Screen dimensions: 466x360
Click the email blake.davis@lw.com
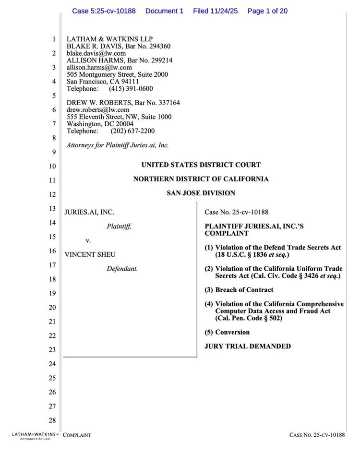point(96,54)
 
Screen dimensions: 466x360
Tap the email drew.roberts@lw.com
point(98,110)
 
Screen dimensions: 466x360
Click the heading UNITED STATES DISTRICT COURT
point(201,165)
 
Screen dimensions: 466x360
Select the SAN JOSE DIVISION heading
point(201,193)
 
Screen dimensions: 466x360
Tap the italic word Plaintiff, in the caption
point(119,227)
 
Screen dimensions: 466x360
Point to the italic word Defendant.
point(122,269)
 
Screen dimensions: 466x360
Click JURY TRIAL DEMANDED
point(247,346)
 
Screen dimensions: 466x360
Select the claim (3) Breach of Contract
point(239,290)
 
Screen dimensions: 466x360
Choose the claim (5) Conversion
point(227,332)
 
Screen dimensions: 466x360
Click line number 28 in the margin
point(52,421)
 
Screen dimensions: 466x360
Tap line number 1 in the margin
point(54,39)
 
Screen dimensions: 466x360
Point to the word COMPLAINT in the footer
point(77,435)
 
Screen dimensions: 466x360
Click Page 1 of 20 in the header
point(267,11)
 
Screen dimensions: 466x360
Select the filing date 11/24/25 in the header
point(225,11)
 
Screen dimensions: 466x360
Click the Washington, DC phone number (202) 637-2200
point(133,131)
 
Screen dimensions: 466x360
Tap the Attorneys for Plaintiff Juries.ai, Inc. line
point(118,145)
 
